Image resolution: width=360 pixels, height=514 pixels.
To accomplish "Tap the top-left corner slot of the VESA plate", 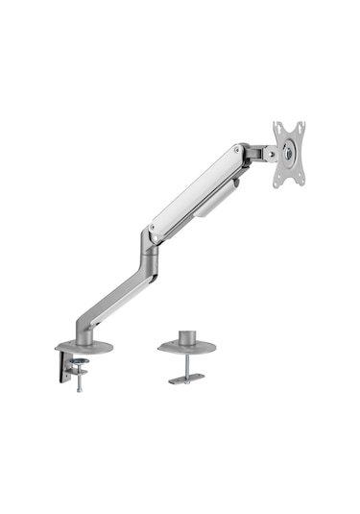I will [x=277, y=128].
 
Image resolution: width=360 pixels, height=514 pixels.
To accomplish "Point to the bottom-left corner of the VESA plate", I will [x=279, y=183].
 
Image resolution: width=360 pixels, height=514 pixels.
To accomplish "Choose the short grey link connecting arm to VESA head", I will [x=256, y=152].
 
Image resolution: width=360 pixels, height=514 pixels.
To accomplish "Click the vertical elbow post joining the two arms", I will [x=149, y=259].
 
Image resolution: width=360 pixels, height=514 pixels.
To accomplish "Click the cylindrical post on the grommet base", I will [x=187, y=336].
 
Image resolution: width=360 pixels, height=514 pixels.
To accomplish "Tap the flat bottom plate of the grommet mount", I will [x=186, y=379].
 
